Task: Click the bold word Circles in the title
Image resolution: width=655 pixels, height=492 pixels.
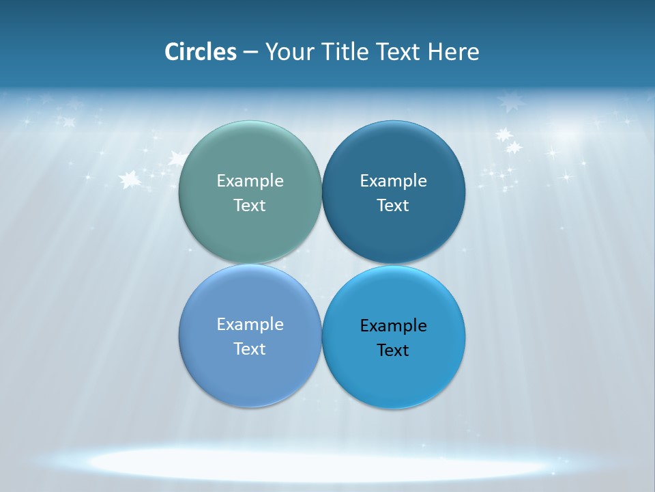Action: coord(201,52)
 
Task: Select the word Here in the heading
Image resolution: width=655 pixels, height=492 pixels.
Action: coord(453,52)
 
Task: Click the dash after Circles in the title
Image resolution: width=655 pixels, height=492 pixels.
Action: coord(250,53)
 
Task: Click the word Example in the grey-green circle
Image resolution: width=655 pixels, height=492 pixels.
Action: coord(250,180)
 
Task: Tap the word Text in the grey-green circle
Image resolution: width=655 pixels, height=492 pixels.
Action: coord(250,205)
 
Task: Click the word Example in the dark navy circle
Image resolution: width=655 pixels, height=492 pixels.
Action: coord(394,180)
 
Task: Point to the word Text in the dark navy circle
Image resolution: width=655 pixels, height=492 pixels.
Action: coord(394,205)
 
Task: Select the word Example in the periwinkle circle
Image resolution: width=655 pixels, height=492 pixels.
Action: coord(250,324)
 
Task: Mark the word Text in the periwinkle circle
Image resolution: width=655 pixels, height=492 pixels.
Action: coord(250,348)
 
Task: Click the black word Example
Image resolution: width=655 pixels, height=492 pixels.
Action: coord(394,325)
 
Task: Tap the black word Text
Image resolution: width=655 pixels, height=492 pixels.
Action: coord(394,350)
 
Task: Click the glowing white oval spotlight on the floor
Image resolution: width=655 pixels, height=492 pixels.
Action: coord(321,463)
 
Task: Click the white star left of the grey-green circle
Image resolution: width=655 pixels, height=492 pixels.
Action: coord(129,180)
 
